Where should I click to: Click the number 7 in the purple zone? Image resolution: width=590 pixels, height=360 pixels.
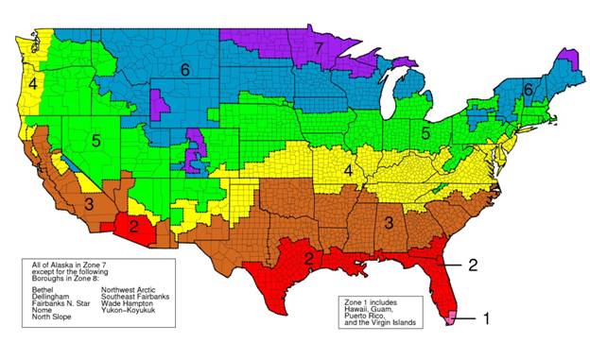(x=320, y=46)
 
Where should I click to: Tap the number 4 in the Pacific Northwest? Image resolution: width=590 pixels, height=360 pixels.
(x=32, y=84)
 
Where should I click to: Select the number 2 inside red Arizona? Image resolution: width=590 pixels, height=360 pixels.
(x=134, y=225)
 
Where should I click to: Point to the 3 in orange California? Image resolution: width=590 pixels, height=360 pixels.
(x=87, y=203)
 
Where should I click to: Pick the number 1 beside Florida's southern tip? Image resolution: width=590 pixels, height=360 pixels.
(x=486, y=318)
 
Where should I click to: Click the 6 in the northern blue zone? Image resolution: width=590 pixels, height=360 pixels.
(x=185, y=69)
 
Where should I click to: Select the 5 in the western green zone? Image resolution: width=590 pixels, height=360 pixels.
(x=95, y=141)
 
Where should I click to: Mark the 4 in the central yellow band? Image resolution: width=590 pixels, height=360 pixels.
(x=348, y=170)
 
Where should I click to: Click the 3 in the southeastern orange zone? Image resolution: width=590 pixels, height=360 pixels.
(x=388, y=221)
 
